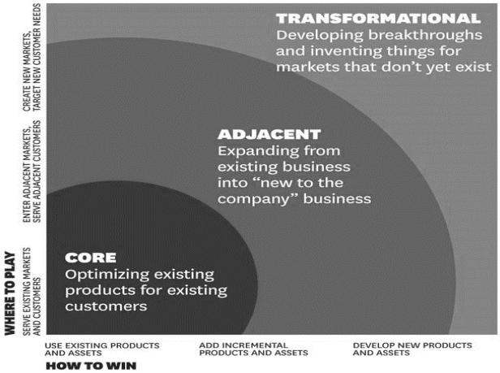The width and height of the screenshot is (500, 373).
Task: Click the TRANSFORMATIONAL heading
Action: pos(378,19)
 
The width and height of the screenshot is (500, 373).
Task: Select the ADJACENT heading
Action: pos(269,134)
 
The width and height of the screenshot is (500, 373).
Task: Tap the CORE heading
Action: pos(91,258)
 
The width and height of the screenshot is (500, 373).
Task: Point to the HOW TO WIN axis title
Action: pos(91,366)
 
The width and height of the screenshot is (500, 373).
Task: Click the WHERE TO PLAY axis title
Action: pos(11,293)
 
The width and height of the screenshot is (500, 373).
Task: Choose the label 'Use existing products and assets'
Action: pos(102,349)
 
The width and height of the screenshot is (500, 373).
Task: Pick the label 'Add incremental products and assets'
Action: pos(253,349)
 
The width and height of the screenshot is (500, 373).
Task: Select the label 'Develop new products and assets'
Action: pos(412,349)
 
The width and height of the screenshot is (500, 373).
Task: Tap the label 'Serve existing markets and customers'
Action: pos(32,292)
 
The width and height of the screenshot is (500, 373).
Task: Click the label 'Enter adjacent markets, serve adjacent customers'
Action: pos(32,171)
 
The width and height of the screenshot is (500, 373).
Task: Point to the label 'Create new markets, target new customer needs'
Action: pos(32,58)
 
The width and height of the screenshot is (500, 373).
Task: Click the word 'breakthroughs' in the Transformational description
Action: pos(425,35)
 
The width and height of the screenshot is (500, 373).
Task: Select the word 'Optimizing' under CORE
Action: pos(107,275)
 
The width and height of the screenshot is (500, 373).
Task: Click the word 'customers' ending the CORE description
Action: pos(106,306)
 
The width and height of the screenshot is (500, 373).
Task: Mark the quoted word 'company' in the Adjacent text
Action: pos(260,199)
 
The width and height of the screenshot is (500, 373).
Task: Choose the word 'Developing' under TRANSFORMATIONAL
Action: pos(320,35)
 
